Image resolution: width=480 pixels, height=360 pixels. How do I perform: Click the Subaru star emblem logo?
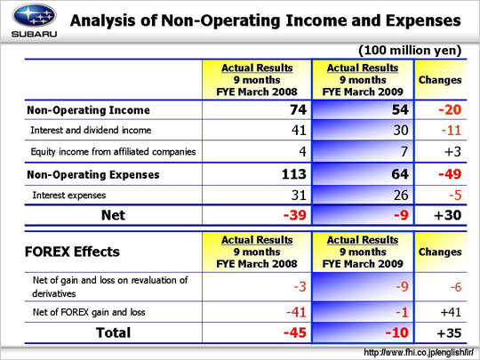click(x=34, y=16)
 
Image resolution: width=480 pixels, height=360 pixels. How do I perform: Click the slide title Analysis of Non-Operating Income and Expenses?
click(x=266, y=20)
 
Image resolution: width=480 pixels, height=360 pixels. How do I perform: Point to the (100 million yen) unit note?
click(x=410, y=50)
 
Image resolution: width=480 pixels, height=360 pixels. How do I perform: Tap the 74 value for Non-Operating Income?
click(x=298, y=109)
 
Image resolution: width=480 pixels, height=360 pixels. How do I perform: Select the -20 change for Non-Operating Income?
click(x=450, y=109)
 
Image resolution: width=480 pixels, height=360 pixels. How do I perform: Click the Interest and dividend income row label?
click(x=91, y=130)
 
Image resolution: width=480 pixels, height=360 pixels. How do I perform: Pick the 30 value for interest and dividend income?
click(x=400, y=130)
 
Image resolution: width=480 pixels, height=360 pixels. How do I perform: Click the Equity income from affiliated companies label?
click(x=113, y=151)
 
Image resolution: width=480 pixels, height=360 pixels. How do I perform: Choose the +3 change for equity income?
click(x=452, y=151)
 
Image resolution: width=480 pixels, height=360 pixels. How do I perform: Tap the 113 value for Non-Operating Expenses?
click(x=294, y=174)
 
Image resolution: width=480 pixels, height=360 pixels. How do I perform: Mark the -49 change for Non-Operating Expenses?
click(x=450, y=174)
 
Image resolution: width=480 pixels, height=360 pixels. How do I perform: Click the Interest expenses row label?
click(x=69, y=195)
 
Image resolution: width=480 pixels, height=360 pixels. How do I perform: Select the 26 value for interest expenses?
click(x=400, y=195)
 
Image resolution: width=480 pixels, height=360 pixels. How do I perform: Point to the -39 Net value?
click(x=295, y=215)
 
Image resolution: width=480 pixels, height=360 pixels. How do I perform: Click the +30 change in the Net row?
click(x=447, y=215)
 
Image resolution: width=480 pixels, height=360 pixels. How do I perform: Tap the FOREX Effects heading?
click(x=72, y=252)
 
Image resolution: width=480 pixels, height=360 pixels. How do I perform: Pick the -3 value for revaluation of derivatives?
click(x=300, y=287)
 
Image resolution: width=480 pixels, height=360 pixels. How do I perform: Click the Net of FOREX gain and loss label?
click(x=89, y=312)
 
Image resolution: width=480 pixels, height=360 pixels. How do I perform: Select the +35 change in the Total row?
click(x=449, y=332)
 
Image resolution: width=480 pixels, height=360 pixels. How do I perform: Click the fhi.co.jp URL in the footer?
click(x=419, y=352)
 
